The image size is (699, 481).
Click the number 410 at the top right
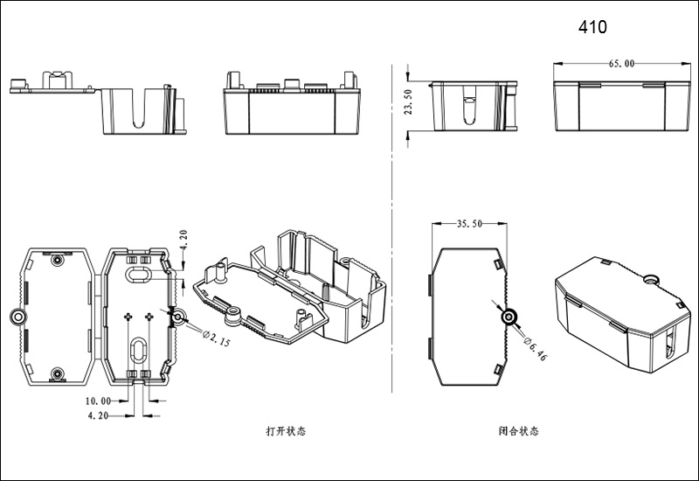(592, 27)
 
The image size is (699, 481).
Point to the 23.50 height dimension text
(408, 106)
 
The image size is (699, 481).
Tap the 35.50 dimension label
(470, 224)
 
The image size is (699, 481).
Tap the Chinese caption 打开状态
(286, 431)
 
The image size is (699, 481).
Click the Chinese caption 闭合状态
(518, 431)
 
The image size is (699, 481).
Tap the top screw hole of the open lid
(58, 261)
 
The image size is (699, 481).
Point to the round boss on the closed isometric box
(649, 279)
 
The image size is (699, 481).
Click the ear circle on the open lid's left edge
(17, 317)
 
